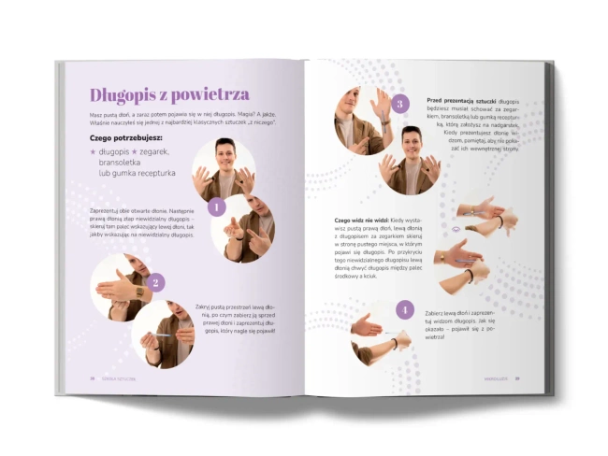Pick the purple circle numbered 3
[400, 104]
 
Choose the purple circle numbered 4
[404, 309]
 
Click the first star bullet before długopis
[93, 150]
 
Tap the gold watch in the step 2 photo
[140, 292]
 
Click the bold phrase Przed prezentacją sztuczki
[459, 100]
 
